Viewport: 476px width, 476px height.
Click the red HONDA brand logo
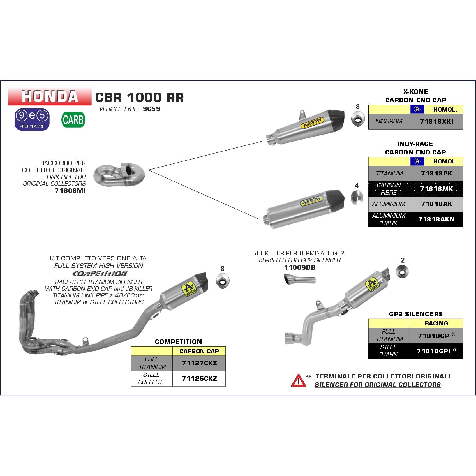coord(50,96)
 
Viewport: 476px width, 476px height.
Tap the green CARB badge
coord(73,120)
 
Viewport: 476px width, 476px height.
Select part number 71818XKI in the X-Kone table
coord(436,122)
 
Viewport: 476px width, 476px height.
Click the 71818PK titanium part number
coord(436,174)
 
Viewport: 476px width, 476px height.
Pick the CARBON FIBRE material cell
coord(389,189)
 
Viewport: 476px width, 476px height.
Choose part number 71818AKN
coord(436,219)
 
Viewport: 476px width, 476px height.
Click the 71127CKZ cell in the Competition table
coord(199,363)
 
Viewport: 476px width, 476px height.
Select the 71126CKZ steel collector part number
coord(199,378)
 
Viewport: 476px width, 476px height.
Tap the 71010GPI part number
coord(433,351)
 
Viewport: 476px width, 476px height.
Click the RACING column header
coord(436,323)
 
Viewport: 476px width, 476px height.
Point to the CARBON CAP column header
coord(199,351)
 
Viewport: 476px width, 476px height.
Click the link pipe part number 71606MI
coord(70,191)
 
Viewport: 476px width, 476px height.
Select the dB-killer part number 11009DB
coord(300,268)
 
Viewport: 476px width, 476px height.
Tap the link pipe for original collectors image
coord(119,176)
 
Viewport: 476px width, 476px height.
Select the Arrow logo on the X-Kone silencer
coord(312,123)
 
